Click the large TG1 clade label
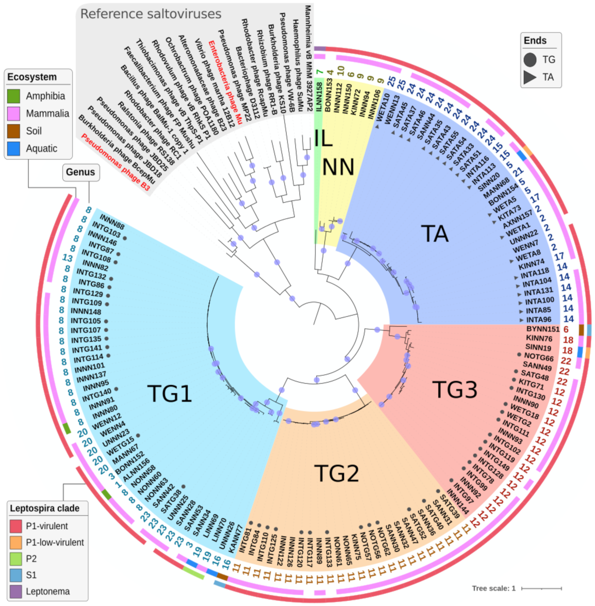pos(170,393)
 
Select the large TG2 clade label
pos(336,473)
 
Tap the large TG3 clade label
pos(454,389)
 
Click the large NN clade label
pos(338,167)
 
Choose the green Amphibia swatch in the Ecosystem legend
pos(14,96)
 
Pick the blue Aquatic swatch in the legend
pos(14,149)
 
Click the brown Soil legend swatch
pos(14,131)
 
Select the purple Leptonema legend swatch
pos(16,592)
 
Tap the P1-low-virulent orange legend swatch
pos(16,543)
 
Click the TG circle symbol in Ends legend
pos(530,60)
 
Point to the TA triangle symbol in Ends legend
pos(530,77)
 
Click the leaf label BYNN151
pos(542,329)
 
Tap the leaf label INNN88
pos(112,221)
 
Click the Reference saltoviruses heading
pos(151,14)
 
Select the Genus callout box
pos(80,172)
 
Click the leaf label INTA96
pos(538,320)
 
